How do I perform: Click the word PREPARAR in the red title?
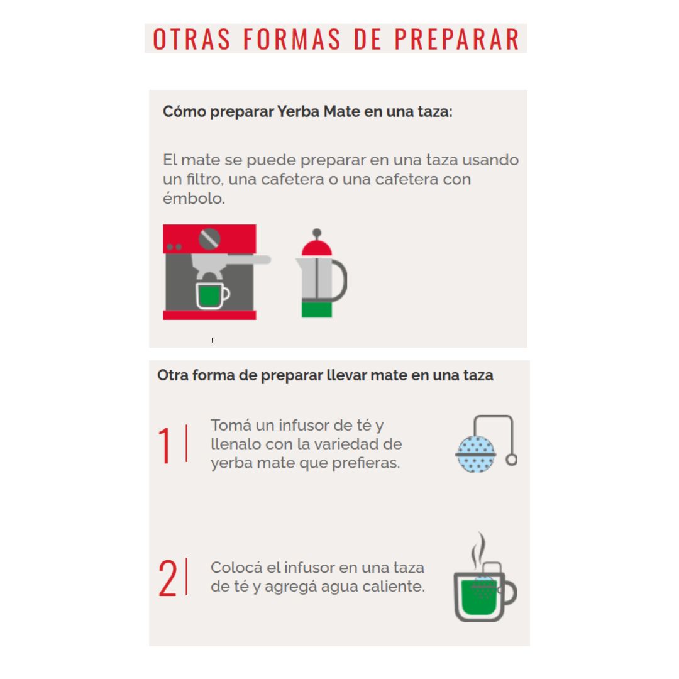pos(457,38)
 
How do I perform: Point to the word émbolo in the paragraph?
pos(194,198)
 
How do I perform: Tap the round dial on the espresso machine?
pos(209,239)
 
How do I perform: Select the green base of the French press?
pos(316,309)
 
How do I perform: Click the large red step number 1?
pos(165,444)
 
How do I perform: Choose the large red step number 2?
pos(168,578)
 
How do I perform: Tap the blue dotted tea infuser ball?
pos(476,455)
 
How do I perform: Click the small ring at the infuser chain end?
pos(511,460)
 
